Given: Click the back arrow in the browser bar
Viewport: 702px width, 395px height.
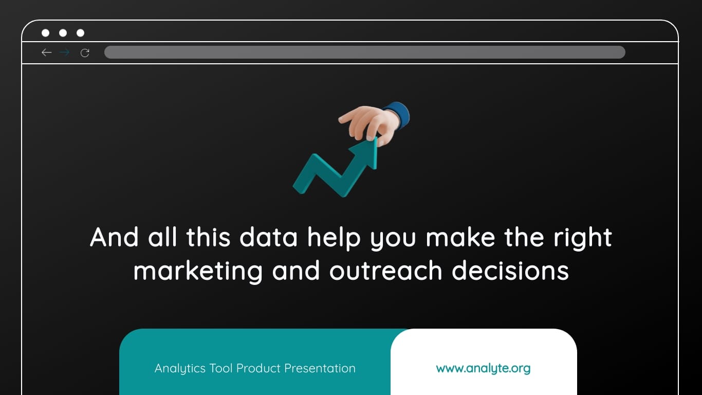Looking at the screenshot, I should click(x=47, y=52).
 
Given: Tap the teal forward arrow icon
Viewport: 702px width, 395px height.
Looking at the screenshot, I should click(x=64, y=52).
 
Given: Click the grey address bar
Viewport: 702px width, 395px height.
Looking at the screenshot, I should click(x=364, y=52).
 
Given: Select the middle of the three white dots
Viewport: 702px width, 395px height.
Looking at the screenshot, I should click(x=63, y=33).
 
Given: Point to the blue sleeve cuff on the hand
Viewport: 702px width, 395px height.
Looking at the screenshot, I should click(x=398, y=114).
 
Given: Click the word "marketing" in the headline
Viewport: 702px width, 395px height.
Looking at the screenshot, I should click(x=198, y=271).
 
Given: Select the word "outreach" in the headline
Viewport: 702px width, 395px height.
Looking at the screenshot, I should click(x=385, y=271).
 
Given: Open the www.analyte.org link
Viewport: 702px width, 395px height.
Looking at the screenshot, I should click(x=483, y=368).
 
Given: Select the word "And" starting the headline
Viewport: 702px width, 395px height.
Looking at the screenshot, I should click(x=114, y=238).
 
